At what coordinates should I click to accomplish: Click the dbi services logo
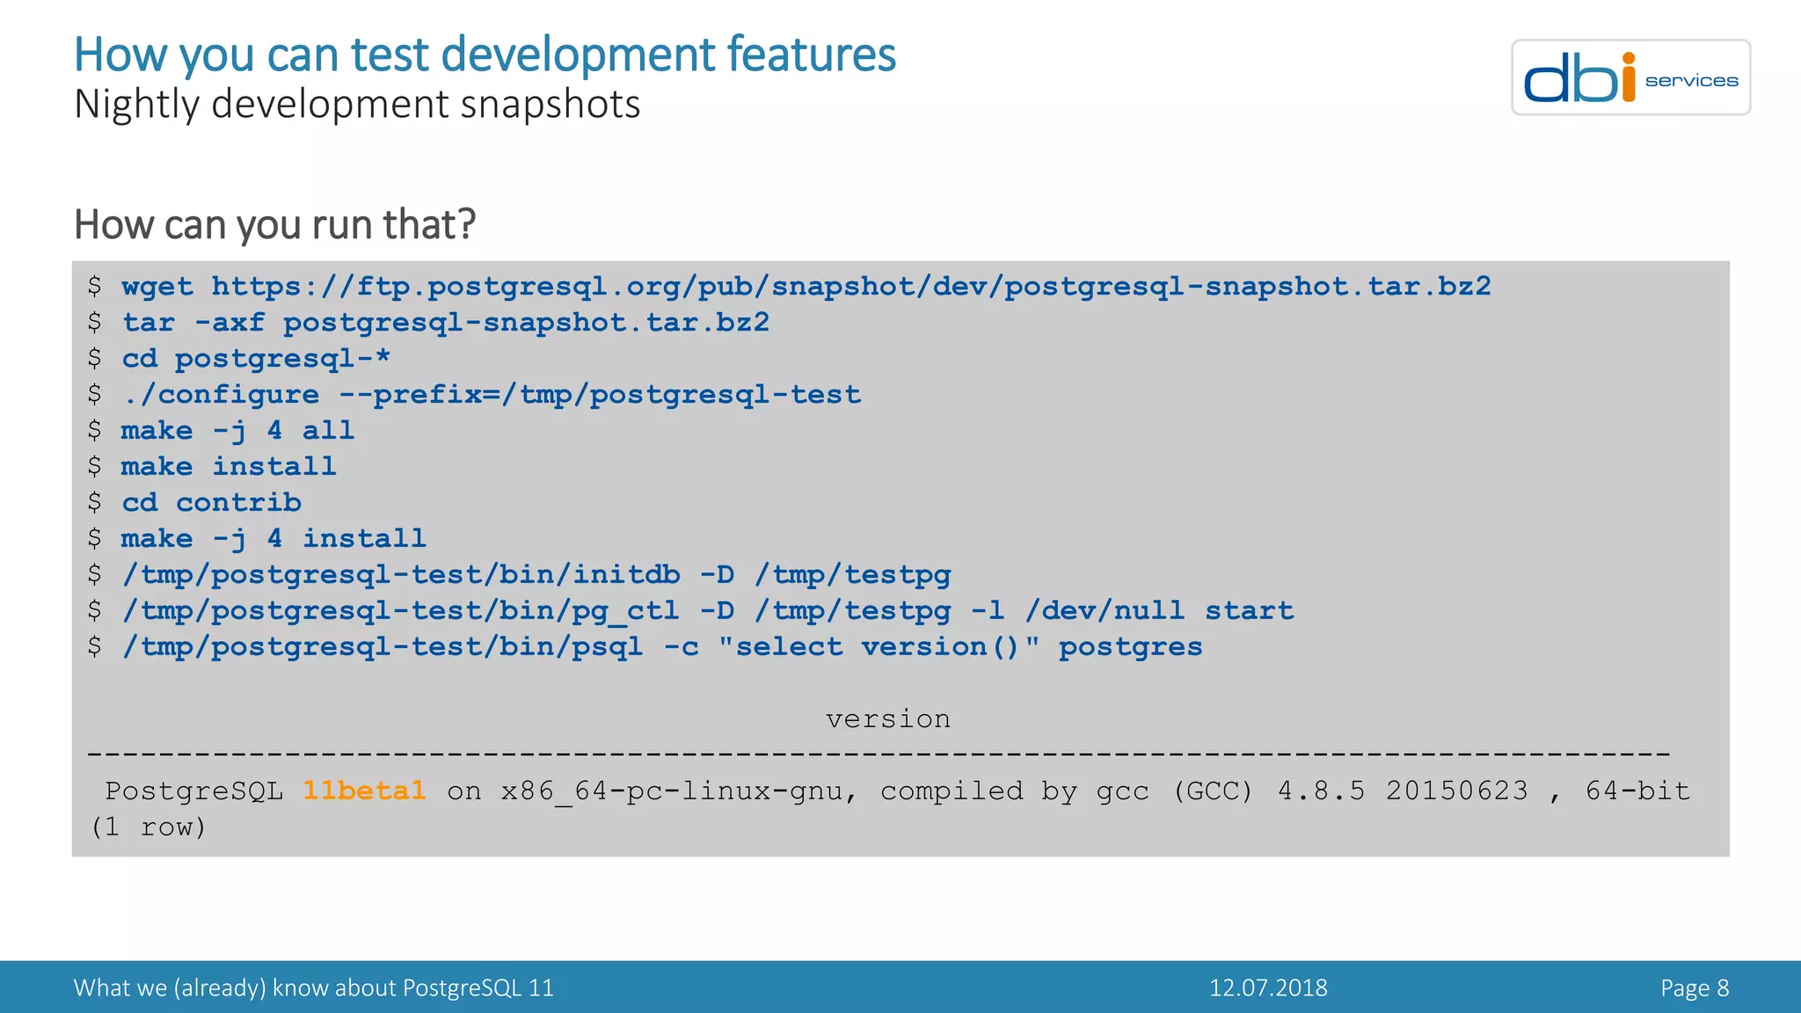coord(1630,77)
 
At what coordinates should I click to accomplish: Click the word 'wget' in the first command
coord(157,287)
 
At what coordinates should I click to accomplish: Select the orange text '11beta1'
coord(364,791)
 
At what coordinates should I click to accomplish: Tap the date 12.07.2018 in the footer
coord(1268,987)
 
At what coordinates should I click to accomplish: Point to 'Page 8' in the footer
coord(1694,987)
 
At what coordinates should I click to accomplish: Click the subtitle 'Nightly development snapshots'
coord(357,105)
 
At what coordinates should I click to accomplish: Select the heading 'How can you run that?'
coord(274,224)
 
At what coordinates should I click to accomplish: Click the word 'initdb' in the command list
coord(626,575)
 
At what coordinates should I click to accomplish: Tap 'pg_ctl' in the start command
coord(625,611)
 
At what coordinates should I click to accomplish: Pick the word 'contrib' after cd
coord(238,503)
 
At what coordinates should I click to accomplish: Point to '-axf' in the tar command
coord(230,323)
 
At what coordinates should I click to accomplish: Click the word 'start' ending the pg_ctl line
coord(1249,611)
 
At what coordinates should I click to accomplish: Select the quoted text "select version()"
coord(879,647)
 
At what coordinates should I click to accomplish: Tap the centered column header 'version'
coord(887,719)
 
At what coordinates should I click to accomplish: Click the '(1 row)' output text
coord(148,827)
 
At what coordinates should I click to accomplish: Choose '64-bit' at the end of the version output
coord(1637,791)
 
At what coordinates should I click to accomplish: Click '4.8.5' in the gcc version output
coord(1321,791)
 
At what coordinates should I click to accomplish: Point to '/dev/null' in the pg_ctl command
coord(1105,611)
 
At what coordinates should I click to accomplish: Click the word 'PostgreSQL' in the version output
coord(194,791)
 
